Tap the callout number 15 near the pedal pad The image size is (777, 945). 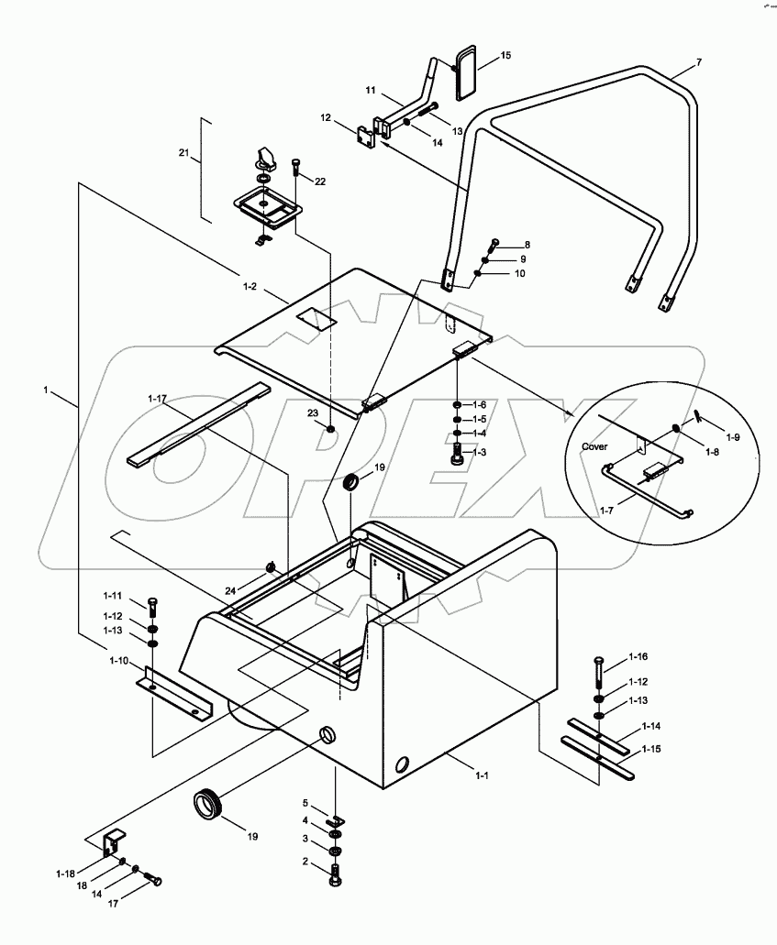[505, 57]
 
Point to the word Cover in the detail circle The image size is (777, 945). [595, 446]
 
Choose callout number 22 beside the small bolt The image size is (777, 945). [319, 181]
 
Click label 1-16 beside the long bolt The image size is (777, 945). [638, 657]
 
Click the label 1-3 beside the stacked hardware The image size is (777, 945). [480, 452]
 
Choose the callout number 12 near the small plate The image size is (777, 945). [325, 118]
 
